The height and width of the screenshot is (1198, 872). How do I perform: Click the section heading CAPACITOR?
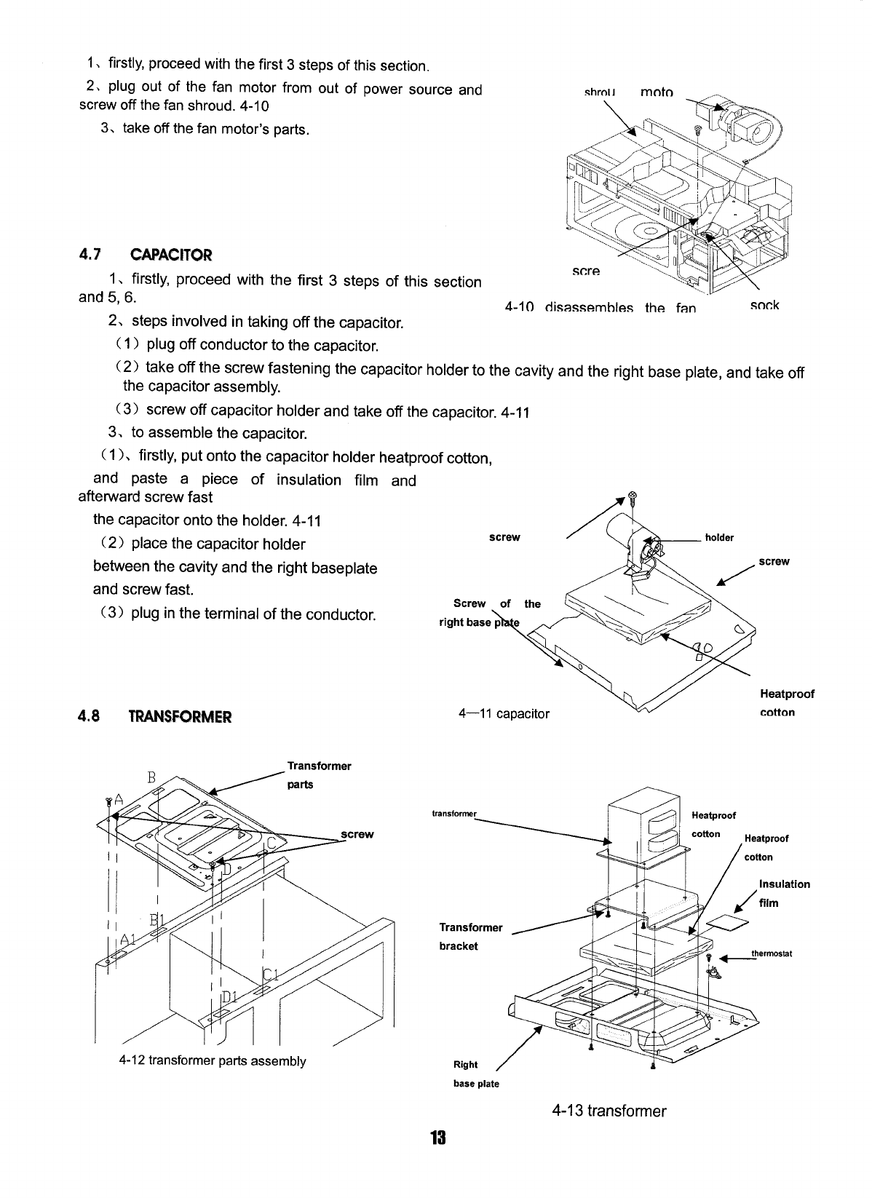(170, 255)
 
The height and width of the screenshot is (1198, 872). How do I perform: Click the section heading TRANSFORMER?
(179, 716)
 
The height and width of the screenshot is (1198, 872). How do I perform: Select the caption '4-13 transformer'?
(609, 1111)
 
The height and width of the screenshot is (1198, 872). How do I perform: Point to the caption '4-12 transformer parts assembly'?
(212, 1060)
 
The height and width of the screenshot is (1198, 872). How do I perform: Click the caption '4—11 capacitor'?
(504, 713)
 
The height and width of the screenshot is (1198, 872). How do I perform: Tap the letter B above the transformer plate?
(152, 776)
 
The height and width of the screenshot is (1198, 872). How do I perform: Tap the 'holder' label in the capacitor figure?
(719, 538)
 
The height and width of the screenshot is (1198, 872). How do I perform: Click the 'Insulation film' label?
(783, 893)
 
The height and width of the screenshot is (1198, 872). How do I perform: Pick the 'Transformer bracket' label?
(470, 936)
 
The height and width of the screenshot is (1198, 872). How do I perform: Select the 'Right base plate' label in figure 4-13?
(475, 1074)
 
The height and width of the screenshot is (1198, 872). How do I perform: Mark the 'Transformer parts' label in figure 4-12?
(319, 775)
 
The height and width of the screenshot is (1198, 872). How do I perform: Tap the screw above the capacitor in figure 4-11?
(633, 498)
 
